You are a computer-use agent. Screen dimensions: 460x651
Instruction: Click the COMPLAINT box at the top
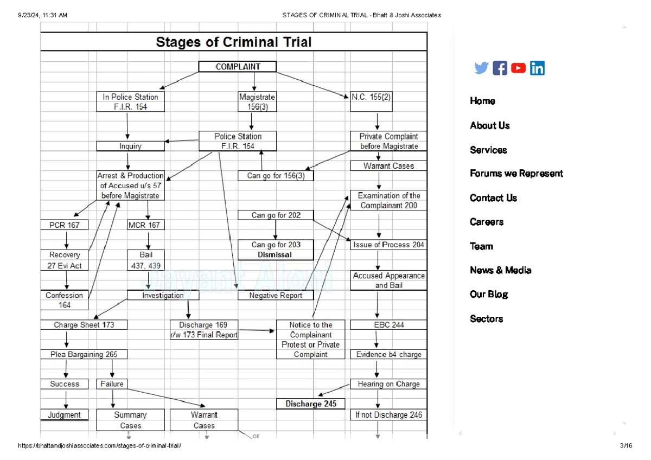238,67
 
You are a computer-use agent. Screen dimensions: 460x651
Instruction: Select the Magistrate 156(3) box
257,102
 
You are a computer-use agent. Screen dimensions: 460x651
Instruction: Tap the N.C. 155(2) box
371,98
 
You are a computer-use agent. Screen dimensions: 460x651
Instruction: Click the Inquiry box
130,146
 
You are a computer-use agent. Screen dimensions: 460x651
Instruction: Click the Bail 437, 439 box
146,260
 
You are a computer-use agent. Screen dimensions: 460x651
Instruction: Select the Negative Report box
276,295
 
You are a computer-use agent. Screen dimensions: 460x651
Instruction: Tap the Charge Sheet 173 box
84,325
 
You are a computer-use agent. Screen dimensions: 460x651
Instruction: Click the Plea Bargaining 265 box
84,354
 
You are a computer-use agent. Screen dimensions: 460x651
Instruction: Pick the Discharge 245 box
311,404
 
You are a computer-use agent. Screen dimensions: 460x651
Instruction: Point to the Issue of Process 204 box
388,245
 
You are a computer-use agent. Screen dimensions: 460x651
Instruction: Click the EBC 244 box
388,325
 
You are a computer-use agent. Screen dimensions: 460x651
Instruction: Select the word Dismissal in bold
275,255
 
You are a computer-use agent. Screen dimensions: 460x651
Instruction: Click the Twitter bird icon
481,68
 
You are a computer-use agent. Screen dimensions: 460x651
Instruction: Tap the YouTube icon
518,68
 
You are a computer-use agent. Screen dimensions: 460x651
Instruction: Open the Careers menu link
487,222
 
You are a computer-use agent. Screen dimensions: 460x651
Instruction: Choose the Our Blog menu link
489,294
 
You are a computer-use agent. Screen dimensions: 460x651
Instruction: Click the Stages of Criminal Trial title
234,42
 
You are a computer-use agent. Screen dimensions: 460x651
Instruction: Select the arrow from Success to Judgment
66,399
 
